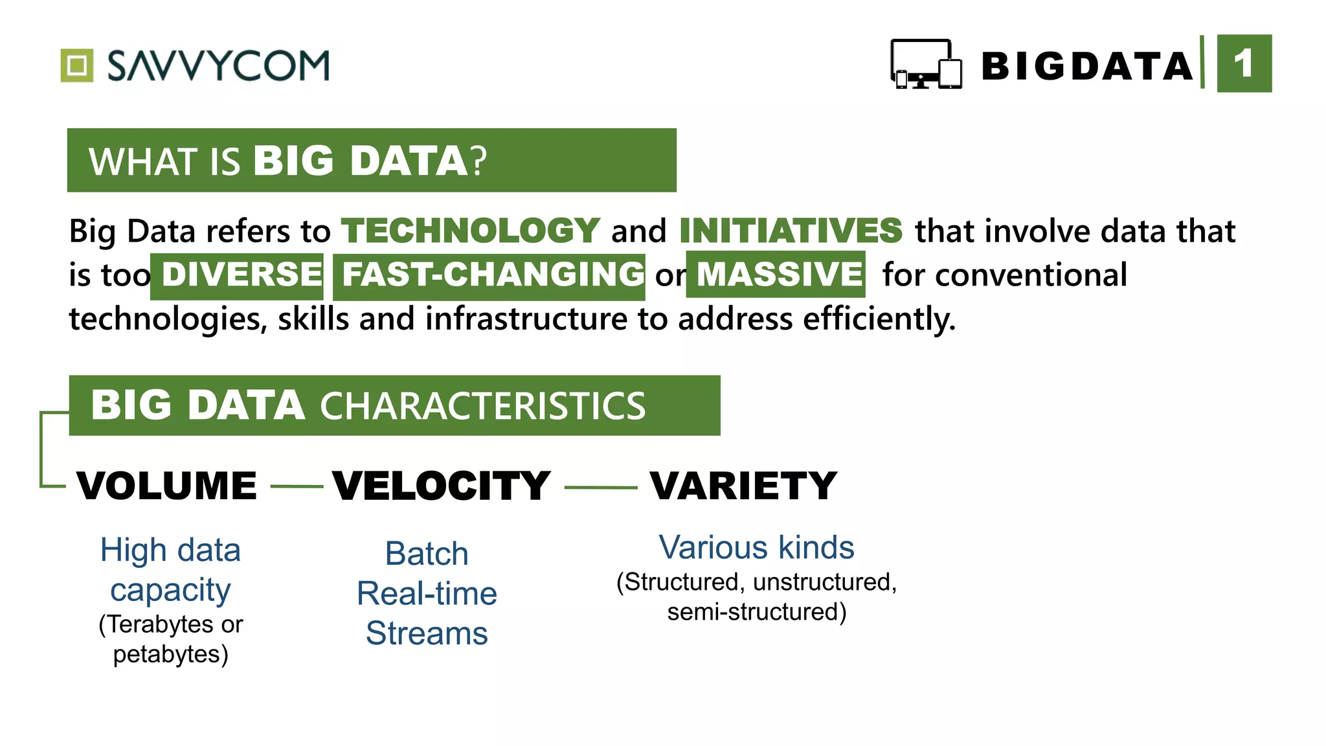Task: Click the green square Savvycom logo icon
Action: click(77, 65)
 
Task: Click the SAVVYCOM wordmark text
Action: click(218, 65)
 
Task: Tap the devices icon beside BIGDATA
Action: click(926, 64)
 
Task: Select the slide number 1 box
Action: click(1244, 63)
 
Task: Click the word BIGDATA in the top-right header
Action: click(1086, 66)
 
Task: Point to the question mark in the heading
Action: click(478, 161)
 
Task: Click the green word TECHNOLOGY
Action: click(471, 231)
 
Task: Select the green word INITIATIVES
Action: click(791, 231)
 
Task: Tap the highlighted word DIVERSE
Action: click(241, 275)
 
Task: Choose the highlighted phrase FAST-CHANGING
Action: click(492, 275)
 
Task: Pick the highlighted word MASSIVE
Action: click(779, 275)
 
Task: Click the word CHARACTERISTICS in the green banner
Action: click(482, 406)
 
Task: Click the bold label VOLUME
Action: click(166, 486)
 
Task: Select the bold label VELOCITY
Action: click(441, 486)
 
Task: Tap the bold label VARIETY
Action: click(743, 486)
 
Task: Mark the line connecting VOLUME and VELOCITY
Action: click(297, 487)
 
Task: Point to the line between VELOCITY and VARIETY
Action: click(601, 488)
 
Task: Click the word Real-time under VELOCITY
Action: click(427, 593)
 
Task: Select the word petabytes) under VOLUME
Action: click(170, 654)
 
